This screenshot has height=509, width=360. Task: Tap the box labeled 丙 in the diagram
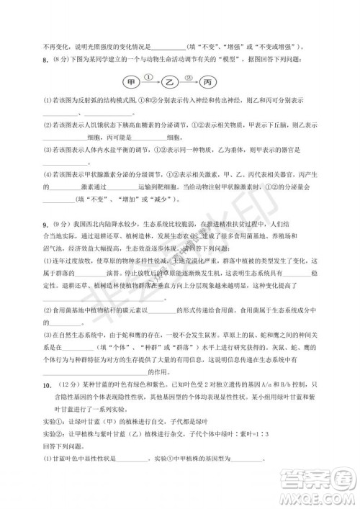209,81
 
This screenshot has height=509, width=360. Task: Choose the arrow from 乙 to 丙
190,81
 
